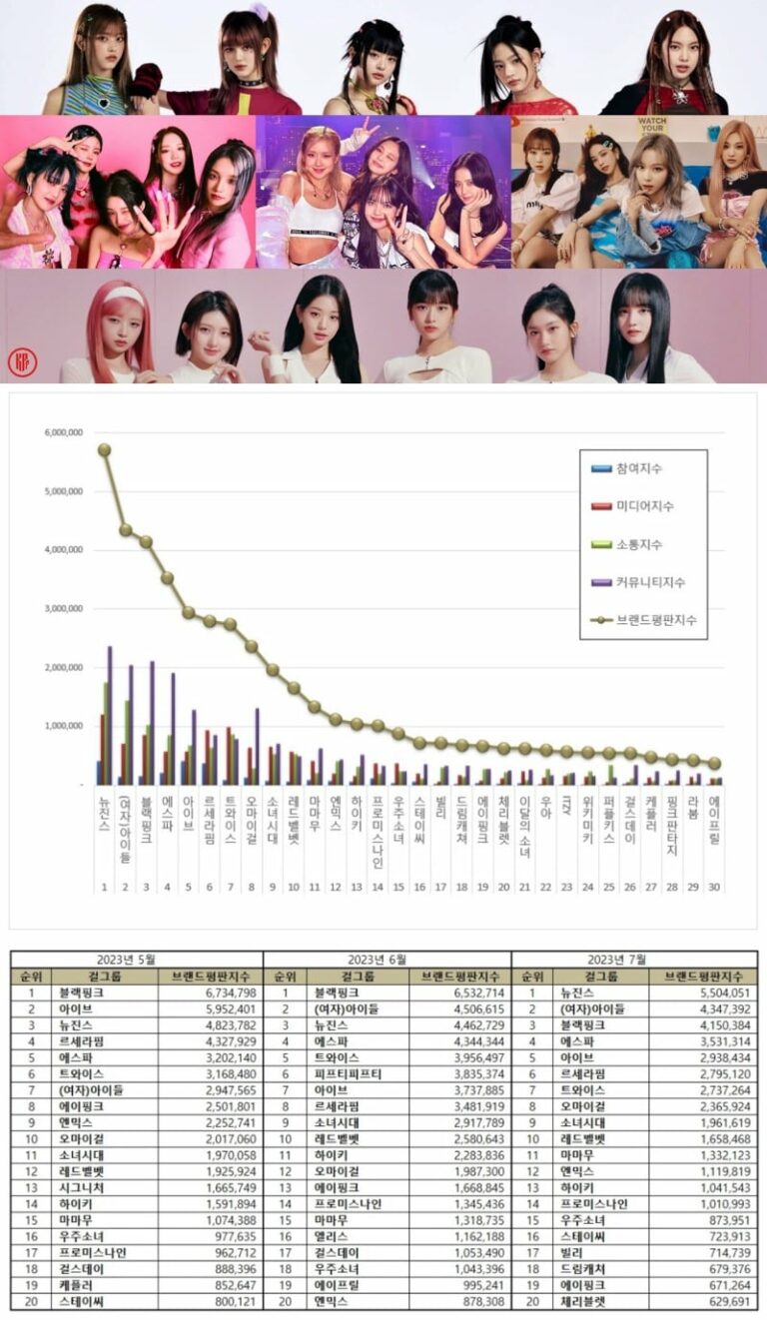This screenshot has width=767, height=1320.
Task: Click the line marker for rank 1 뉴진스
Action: [104, 449]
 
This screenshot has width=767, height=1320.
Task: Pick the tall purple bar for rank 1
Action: [110, 715]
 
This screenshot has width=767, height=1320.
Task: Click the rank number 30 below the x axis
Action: [715, 884]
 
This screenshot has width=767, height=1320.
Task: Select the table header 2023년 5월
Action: [137, 959]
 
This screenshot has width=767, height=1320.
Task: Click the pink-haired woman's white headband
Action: [123, 296]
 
